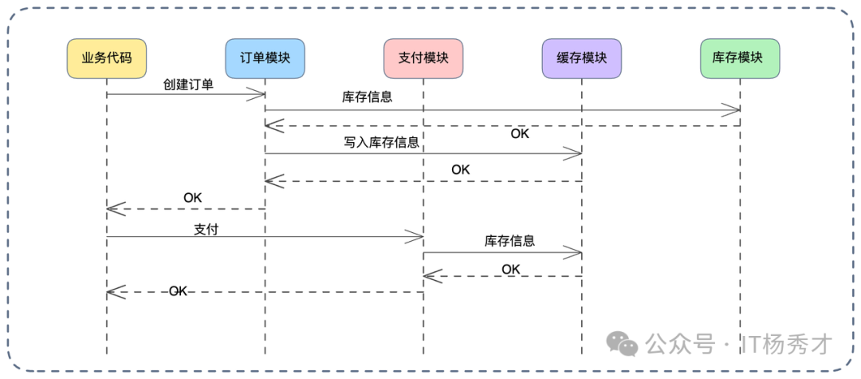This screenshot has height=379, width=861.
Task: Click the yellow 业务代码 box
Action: tap(107, 58)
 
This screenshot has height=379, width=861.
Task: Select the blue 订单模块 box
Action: tap(265, 58)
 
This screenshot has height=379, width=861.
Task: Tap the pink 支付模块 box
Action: tap(423, 58)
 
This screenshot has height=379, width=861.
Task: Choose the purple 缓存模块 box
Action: tap(581, 58)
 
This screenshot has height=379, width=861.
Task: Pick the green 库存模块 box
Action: tap(740, 58)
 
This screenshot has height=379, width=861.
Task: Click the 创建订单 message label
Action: tap(188, 84)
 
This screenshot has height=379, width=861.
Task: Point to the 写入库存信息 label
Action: tap(382, 143)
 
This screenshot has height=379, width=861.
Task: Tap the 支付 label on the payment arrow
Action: tap(206, 229)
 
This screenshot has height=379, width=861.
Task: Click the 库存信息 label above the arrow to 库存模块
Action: tap(367, 97)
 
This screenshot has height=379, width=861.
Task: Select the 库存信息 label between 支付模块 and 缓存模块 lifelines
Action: tap(509, 241)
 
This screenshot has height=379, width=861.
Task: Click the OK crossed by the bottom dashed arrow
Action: tap(178, 292)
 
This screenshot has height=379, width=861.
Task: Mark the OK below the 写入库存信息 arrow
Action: tap(461, 170)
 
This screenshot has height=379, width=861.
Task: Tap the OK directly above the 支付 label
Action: tap(193, 197)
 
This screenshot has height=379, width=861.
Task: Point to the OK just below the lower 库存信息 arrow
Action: tap(511, 270)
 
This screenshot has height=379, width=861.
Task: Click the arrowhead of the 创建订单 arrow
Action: tap(258, 95)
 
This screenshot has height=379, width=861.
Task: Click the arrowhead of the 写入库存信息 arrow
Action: tap(574, 153)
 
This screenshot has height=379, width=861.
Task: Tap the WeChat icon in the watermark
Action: tap(622, 344)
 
